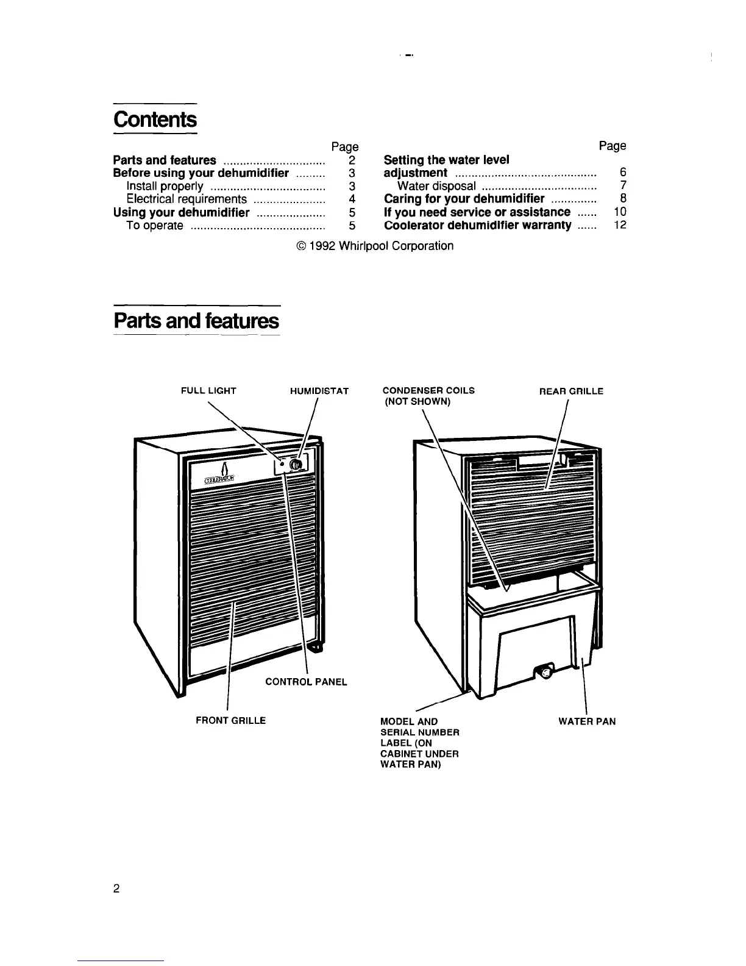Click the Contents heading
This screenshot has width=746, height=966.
155,118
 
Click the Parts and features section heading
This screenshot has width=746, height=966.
196,321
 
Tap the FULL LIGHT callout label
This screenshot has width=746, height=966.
208,391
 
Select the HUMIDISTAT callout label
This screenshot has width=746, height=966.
319,391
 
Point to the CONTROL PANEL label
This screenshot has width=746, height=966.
306,682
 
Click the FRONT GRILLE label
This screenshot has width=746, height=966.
230,721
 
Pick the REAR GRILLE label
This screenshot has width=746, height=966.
571,392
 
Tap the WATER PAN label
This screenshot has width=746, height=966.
587,721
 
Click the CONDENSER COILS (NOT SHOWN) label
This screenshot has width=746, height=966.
428,396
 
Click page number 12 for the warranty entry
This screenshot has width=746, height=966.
620,226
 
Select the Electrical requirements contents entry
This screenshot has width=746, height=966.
187,199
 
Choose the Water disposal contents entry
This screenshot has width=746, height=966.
436,186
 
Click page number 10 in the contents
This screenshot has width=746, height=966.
620,212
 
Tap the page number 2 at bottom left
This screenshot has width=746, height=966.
116,888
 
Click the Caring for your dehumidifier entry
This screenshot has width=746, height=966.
464,199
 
